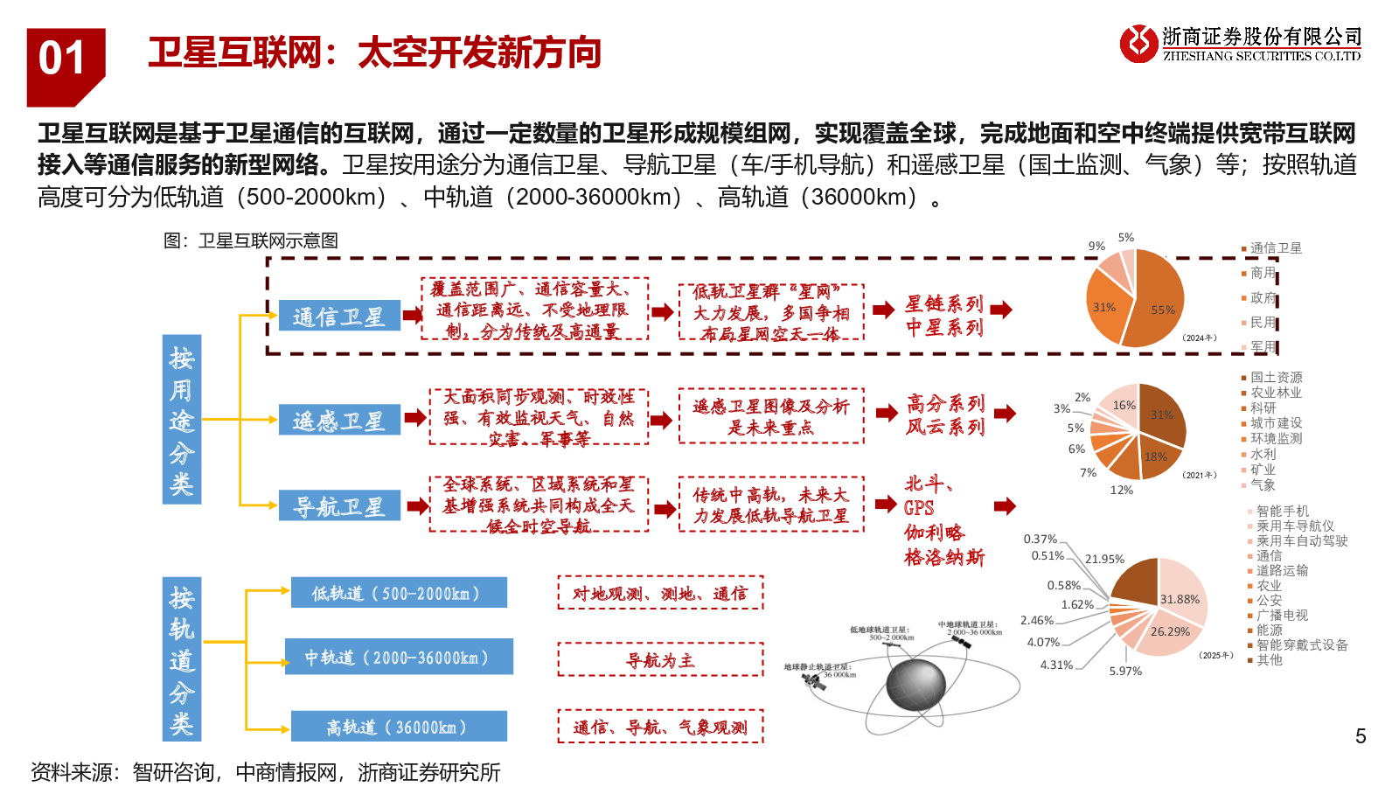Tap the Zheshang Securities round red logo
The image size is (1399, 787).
1138,43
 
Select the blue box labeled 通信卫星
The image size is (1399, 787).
339,316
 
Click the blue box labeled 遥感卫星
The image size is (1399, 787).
339,421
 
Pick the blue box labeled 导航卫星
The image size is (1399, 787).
339,505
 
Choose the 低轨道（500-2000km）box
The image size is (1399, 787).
398,593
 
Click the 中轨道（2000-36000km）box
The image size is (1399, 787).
398,657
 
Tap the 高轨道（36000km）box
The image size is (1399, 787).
398,727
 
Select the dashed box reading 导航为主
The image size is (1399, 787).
660,660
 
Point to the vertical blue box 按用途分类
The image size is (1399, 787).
182,420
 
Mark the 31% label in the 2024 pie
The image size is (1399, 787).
1103,308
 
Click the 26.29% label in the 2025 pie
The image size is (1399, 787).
1170,631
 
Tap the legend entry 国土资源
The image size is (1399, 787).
1276,377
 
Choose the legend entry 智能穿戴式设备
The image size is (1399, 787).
1301,644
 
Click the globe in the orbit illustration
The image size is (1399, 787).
915,685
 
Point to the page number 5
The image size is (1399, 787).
1361,736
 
